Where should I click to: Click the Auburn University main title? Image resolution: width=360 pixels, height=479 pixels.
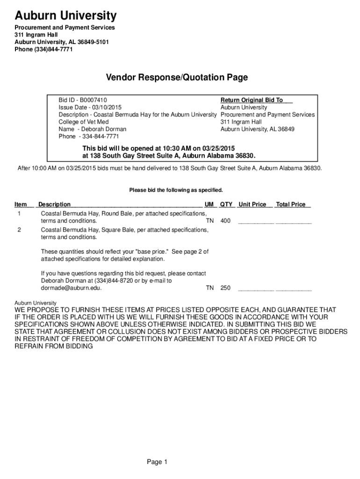click(65, 16)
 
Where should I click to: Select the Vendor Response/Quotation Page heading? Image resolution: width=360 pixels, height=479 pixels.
click(176, 77)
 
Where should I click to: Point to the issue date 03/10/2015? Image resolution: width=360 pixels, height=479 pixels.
click(100, 108)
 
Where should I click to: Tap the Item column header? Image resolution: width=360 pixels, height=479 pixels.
click(21, 204)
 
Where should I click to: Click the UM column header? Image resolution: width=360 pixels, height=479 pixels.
click(209, 204)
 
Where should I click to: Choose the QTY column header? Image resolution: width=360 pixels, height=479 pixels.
click(226, 204)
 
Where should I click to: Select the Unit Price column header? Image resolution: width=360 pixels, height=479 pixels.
click(252, 204)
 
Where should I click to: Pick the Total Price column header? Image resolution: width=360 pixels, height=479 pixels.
click(291, 204)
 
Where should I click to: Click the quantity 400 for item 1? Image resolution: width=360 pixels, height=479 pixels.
click(225, 221)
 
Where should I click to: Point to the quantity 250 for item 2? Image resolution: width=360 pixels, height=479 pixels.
click(225, 288)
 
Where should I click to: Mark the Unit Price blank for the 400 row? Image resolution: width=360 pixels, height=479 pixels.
click(256, 222)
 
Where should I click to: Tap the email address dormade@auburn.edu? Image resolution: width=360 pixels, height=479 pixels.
click(71, 288)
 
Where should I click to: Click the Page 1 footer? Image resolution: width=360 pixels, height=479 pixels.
click(157, 462)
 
